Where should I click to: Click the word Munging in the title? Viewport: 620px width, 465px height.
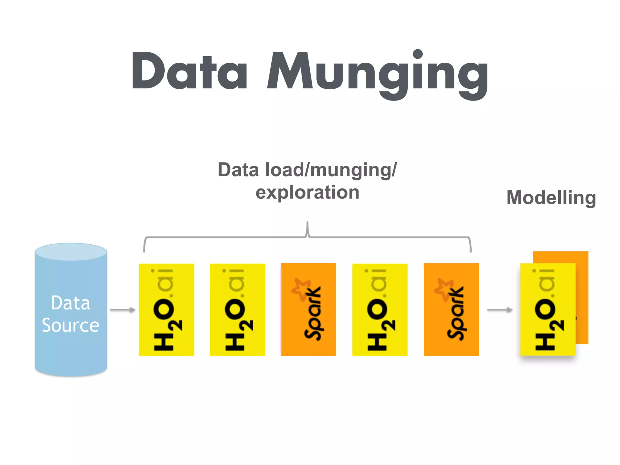click(x=377, y=73)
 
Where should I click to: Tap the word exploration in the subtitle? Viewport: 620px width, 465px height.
click(x=307, y=192)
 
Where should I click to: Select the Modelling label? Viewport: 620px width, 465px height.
click(x=551, y=198)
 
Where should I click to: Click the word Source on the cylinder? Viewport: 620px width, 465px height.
click(x=71, y=325)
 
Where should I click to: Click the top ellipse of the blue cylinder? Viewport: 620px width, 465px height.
click(x=71, y=252)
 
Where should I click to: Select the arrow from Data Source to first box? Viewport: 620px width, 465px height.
click(x=122, y=310)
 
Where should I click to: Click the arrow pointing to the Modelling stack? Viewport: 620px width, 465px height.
click(x=500, y=310)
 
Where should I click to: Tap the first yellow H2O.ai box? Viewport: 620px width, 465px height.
click(x=166, y=309)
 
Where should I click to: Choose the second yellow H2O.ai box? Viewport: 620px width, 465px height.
click(x=237, y=309)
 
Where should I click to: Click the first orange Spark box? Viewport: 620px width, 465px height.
click(x=308, y=309)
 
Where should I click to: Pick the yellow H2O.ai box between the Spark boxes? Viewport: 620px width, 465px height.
click(x=380, y=309)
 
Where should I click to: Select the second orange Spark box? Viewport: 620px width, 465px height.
click(x=451, y=309)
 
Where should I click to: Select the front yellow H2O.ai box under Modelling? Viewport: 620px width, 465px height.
click(x=548, y=309)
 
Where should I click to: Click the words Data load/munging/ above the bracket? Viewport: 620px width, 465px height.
click(x=307, y=170)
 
